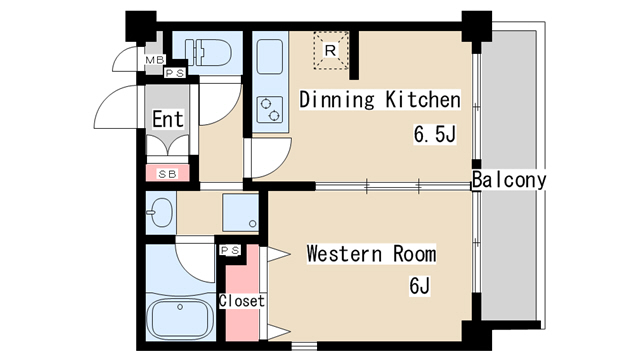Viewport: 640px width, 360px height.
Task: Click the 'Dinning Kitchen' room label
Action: point(380,100)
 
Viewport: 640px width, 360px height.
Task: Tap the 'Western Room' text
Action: point(371,253)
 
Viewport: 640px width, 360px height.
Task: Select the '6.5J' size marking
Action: point(434,134)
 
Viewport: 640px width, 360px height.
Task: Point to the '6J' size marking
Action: point(419,286)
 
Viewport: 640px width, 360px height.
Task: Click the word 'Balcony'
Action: point(509,180)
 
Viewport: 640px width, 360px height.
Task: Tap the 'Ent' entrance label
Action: point(168,119)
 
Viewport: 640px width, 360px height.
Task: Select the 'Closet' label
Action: point(242,301)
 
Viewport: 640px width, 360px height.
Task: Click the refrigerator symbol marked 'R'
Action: point(331,51)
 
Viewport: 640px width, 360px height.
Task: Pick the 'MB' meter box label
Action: point(155,60)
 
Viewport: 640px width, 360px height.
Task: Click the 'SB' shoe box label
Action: point(167,174)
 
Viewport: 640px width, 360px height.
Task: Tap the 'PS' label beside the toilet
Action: point(175,73)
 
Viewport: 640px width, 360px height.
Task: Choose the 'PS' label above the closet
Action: point(230,250)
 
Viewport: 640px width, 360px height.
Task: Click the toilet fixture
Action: point(208,52)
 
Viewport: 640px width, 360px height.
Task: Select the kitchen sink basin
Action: point(270,56)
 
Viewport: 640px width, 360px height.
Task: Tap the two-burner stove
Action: point(270,110)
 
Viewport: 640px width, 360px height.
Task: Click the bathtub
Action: point(180,319)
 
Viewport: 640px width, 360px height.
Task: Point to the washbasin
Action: point(161,213)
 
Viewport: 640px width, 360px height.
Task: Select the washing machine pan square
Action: point(240,212)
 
